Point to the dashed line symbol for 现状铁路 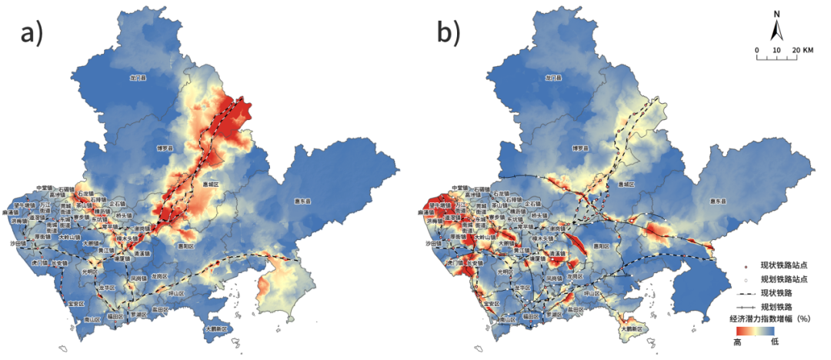tap(740, 292)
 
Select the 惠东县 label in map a tap(305, 202)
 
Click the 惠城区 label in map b tap(629, 185)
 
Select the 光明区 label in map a tap(90, 272)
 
